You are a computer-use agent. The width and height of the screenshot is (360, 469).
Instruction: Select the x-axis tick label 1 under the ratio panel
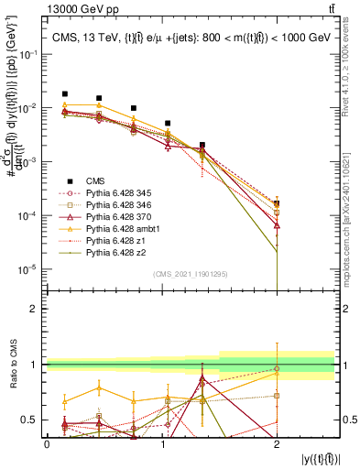tap(162, 444)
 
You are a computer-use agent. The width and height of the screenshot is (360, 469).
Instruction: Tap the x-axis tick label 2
tap(278, 444)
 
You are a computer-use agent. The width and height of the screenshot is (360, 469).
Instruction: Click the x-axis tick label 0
tap(47, 444)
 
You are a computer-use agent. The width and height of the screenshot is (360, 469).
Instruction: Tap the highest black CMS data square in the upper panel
tap(64, 93)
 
